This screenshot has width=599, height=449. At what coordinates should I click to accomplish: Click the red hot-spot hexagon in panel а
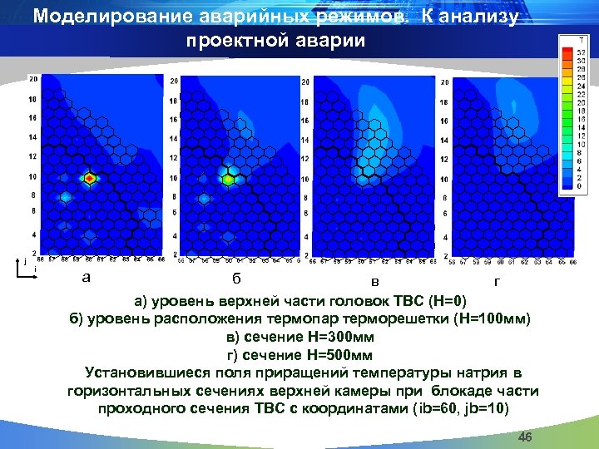click(91, 178)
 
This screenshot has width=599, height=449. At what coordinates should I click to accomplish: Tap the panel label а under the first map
click(86, 277)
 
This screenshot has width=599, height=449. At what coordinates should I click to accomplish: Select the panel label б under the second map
click(237, 278)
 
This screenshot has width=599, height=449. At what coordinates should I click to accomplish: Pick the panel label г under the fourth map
click(497, 281)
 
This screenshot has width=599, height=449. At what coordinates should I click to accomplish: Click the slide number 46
click(525, 437)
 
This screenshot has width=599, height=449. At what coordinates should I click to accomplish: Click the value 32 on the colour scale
click(580, 52)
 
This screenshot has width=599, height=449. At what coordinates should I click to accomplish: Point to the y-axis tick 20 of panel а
click(32, 80)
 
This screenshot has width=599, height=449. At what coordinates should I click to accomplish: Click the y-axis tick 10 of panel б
click(173, 178)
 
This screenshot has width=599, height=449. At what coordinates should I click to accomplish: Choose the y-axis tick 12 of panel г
click(444, 160)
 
